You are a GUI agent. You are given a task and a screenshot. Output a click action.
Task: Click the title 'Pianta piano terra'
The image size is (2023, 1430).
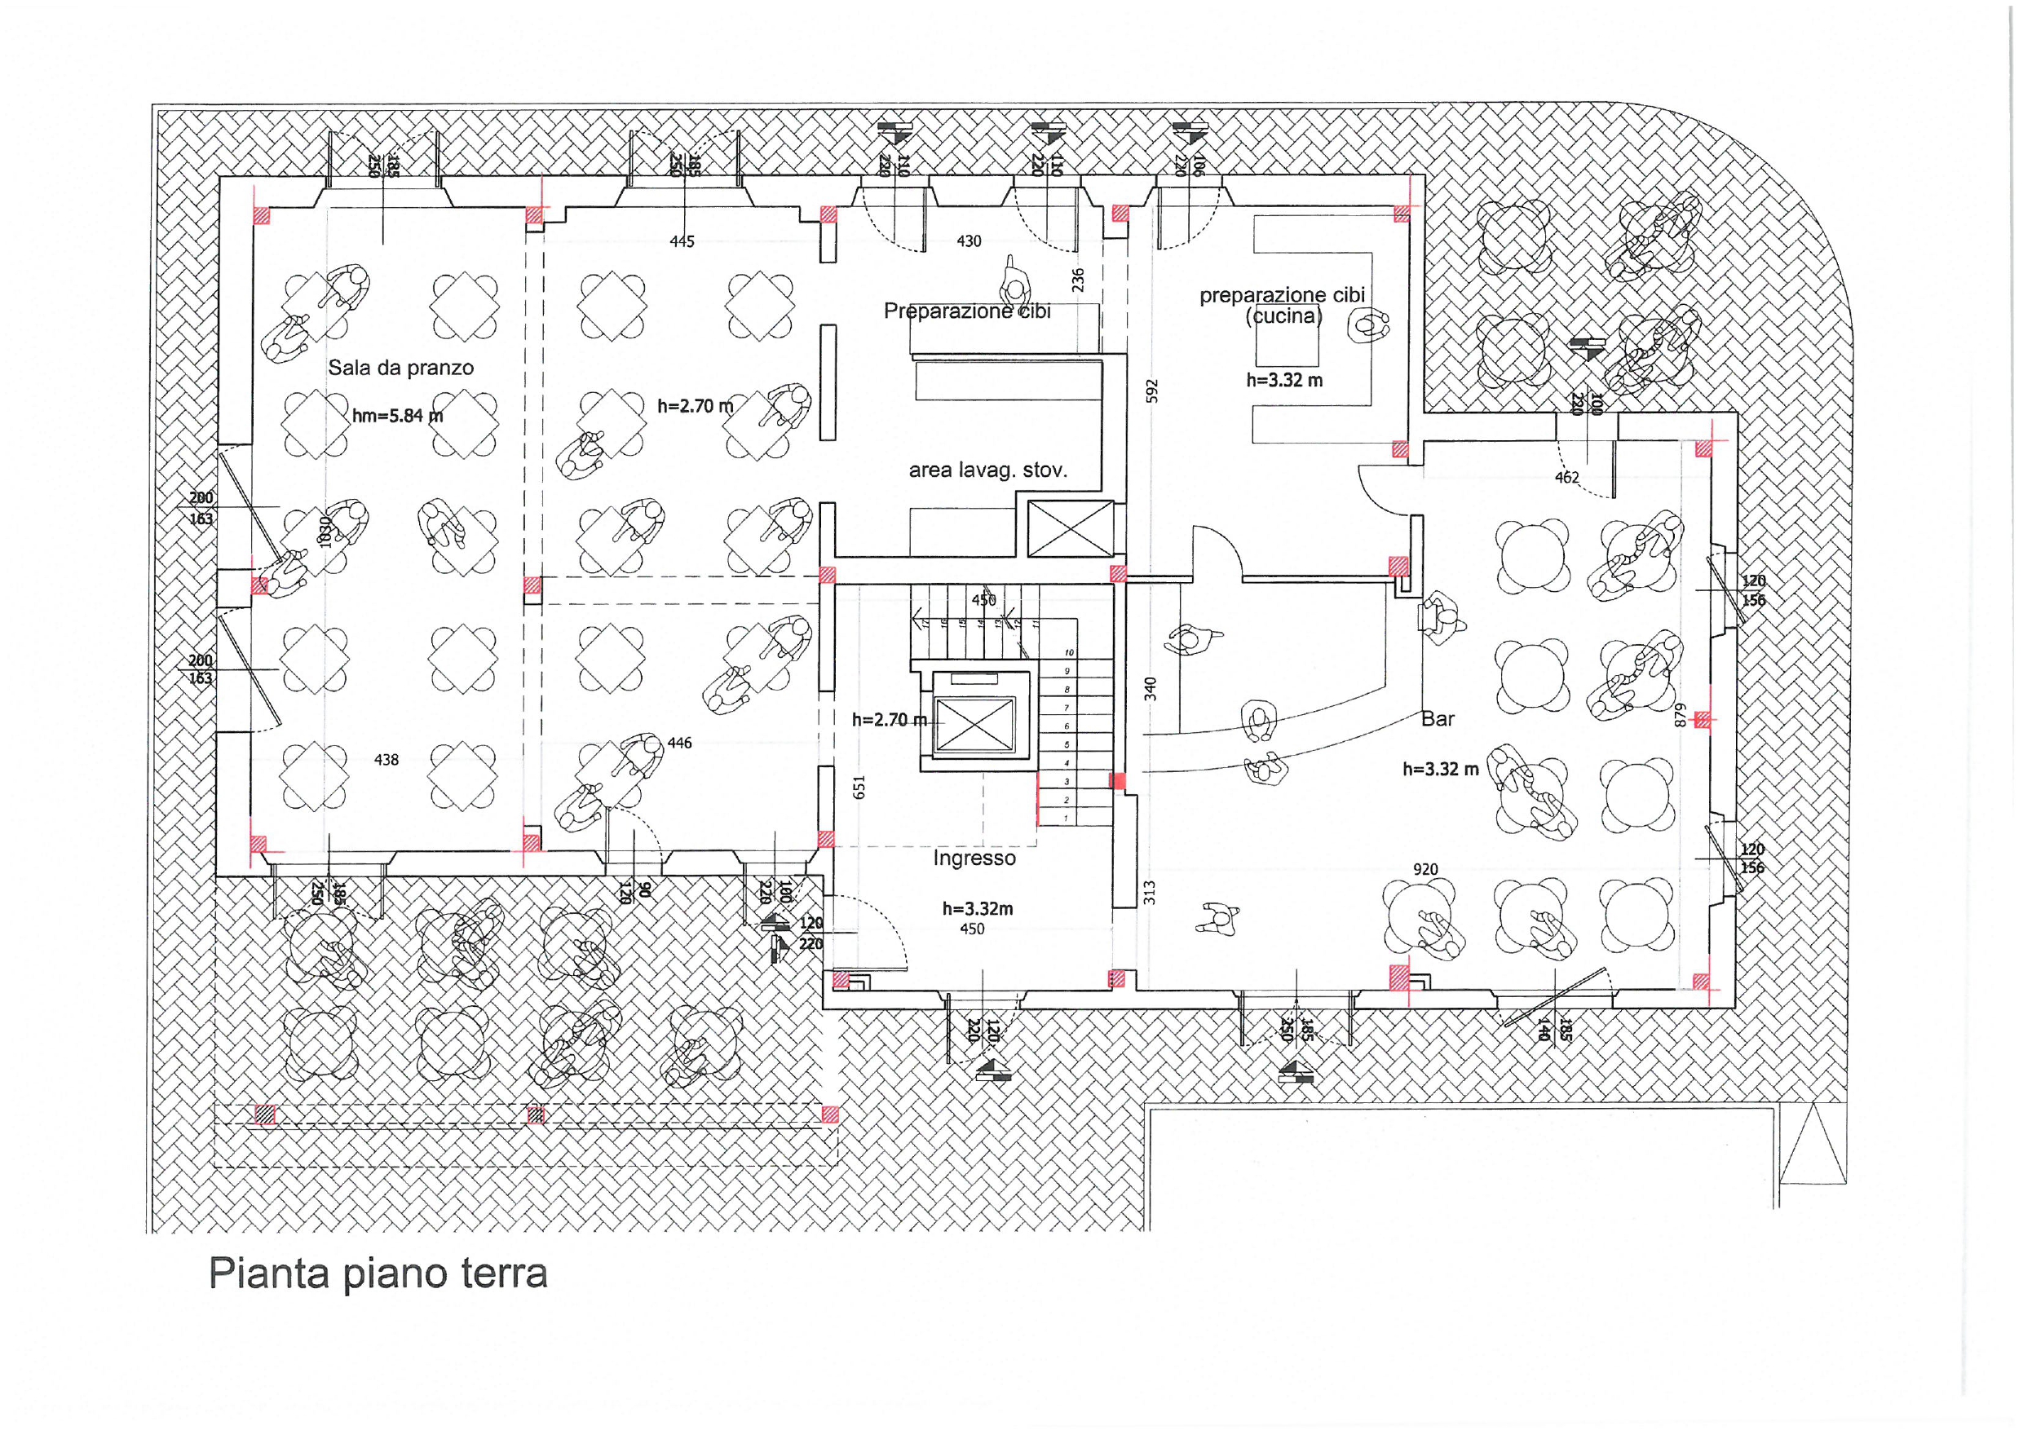pyautogui.click(x=378, y=1273)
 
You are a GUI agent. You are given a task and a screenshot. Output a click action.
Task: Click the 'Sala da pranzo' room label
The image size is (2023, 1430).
pyautogui.click(x=401, y=368)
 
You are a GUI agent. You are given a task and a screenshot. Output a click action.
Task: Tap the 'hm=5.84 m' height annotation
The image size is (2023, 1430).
pyautogui.click(x=397, y=415)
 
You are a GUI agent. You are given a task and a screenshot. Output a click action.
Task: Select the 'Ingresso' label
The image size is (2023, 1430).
pyautogui.click(x=974, y=858)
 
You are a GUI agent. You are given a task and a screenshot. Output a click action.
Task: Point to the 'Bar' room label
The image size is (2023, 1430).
pyautogui.click(x=1437, y=719)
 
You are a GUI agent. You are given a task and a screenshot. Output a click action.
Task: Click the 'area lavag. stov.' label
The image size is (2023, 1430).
pyautogui.click(x=987, y=470)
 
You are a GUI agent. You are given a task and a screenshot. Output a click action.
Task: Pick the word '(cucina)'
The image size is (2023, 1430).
pyautogui.click(x=1283, y=316)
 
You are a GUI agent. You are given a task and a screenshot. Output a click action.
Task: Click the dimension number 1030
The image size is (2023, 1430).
pyautogui.click(x=325, y=532)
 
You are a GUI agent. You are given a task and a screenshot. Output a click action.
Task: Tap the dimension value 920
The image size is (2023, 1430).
pyautogui.click(x=1425, y=870)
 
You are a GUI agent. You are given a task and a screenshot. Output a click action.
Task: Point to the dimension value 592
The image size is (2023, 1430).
pyautogui.click(x=1151, y=391)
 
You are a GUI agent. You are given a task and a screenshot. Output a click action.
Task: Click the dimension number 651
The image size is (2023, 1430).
pyautogui.click(x=860, y=787)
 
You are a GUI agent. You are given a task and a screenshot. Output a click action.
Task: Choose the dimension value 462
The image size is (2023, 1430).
pyautogui.click(x=1566, y=478)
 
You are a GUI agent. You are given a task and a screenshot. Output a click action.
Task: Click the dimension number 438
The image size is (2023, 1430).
pyautogui.click(x=386, y=760)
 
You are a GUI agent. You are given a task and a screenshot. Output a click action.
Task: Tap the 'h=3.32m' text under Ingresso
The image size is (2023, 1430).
pyautogui.click(x=977, y=908)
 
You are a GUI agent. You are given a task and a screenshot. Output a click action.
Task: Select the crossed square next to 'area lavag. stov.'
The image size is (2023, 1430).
pyautogui.click(x=1071, y=528)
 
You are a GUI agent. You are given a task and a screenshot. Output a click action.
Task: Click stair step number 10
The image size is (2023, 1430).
pyautogui.click(x=1069, y=653)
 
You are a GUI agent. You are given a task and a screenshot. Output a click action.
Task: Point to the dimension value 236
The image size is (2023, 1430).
pyautogui.click(x=1078, y=280)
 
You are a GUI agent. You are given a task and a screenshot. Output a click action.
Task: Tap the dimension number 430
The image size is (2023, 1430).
pyautogui.click(x=969, y=241)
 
